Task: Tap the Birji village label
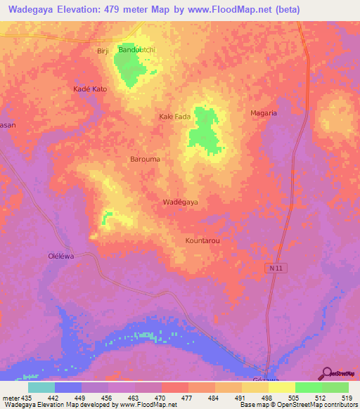(x=103, y=51)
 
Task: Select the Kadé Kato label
(x=90, y=89)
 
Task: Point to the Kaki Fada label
(x=175, y=117)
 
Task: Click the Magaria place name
(x=264, y=112)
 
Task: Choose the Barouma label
(x=146, y=160)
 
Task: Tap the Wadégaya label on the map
(x=181, y=202)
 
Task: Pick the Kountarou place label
(x=203, y=240)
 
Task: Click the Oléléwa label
(x=60, y=257)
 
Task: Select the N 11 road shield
(x=275, y=268)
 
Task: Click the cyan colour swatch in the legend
(x=41, y=387)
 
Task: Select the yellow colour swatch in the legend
(x=281, y=387)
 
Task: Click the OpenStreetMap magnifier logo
(x=326, y=372)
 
